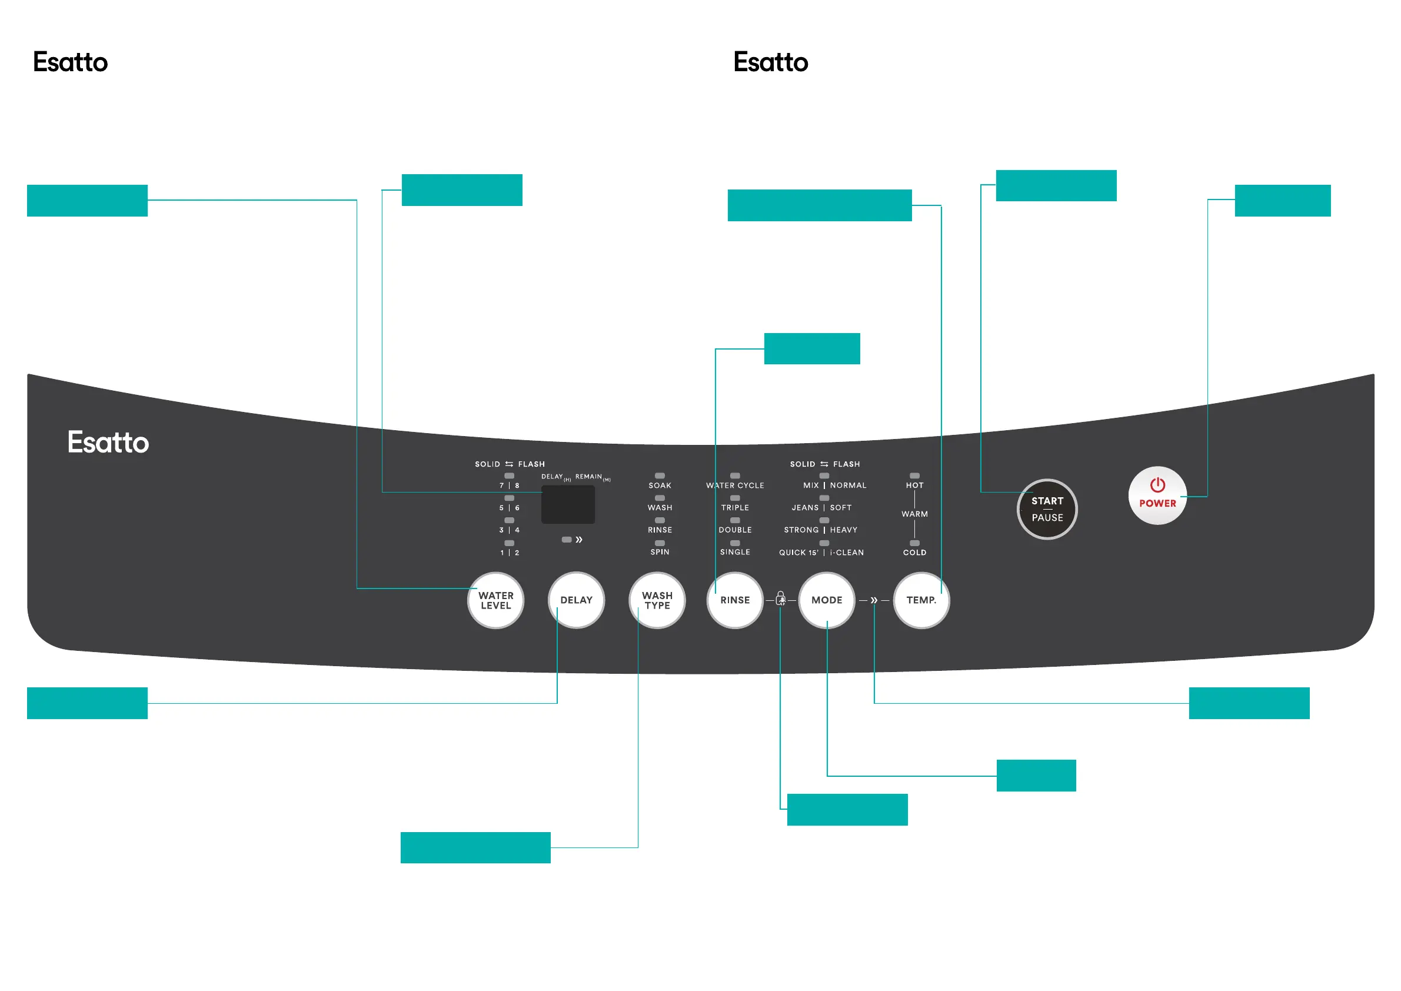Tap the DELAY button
click(x=576, y=600)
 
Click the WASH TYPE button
click(x=657, y=600)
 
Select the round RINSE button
click(x=735, y=600)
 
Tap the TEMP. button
click(x=921, y=600)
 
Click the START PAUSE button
click(x=1047, y=509)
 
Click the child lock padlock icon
click(x=780, y=598)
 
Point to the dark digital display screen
click(x=567, y=504)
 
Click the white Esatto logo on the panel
click(x=108, y=442)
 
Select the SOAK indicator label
click(x=660, y=485)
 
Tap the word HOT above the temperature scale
click(x=914, y=485)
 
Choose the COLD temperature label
click(x=914, y=552)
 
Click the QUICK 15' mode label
click(x=798, y=552)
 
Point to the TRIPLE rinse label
click(x=735, y=508)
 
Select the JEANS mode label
click(x=805, y=508)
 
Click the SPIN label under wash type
click(x=660, y=551)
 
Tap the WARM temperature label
click(x=914, y=514)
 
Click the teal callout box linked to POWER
click(x=1282, y=200)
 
